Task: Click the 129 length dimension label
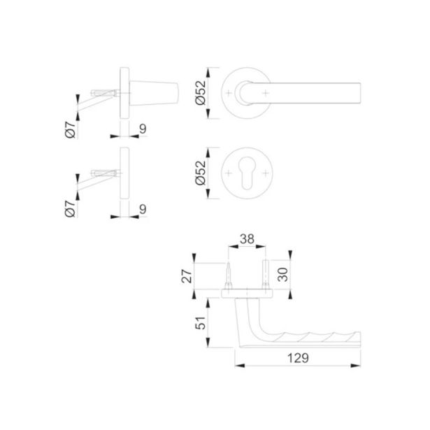click(298, 358)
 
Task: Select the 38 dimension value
click(247, 239)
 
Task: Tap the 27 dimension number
click(187, 276)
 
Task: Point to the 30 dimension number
click(282, 275)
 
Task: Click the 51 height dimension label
click(201, 323)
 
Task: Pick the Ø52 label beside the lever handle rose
click(201, 93)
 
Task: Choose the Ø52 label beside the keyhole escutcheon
click(201, 173)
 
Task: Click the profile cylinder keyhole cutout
click(247, 173)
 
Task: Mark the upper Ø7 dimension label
click(70, 129)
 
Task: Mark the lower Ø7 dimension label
click(70, 209)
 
